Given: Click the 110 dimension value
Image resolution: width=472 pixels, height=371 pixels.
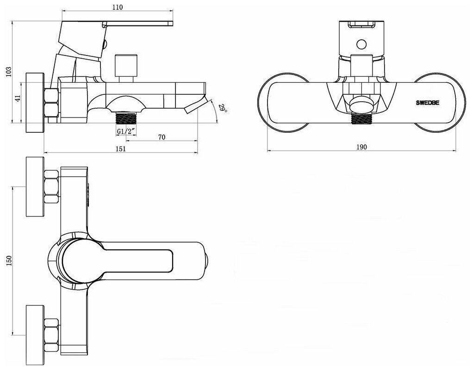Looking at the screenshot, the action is click(118, 7).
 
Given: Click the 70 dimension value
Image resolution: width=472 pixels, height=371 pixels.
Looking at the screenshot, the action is click(162, 137).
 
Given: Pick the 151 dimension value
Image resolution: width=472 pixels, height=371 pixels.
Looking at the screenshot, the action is click(120, 148).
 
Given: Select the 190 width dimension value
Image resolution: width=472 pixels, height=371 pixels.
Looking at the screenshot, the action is click(362, 147).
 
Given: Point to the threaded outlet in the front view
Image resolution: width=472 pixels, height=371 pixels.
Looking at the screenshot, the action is click(361, 118).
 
